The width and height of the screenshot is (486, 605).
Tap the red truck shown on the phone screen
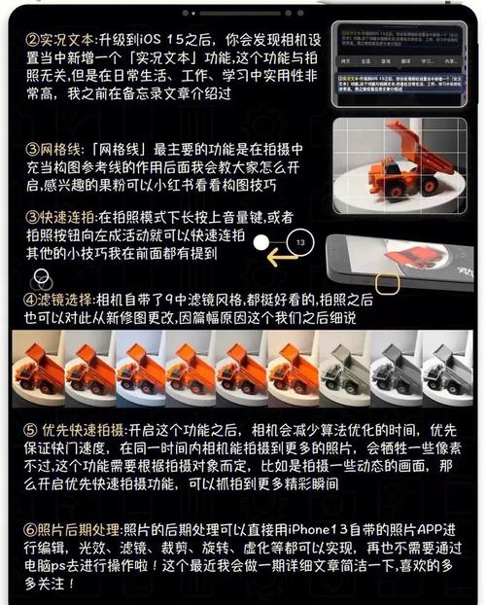click(x=409, y=257)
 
